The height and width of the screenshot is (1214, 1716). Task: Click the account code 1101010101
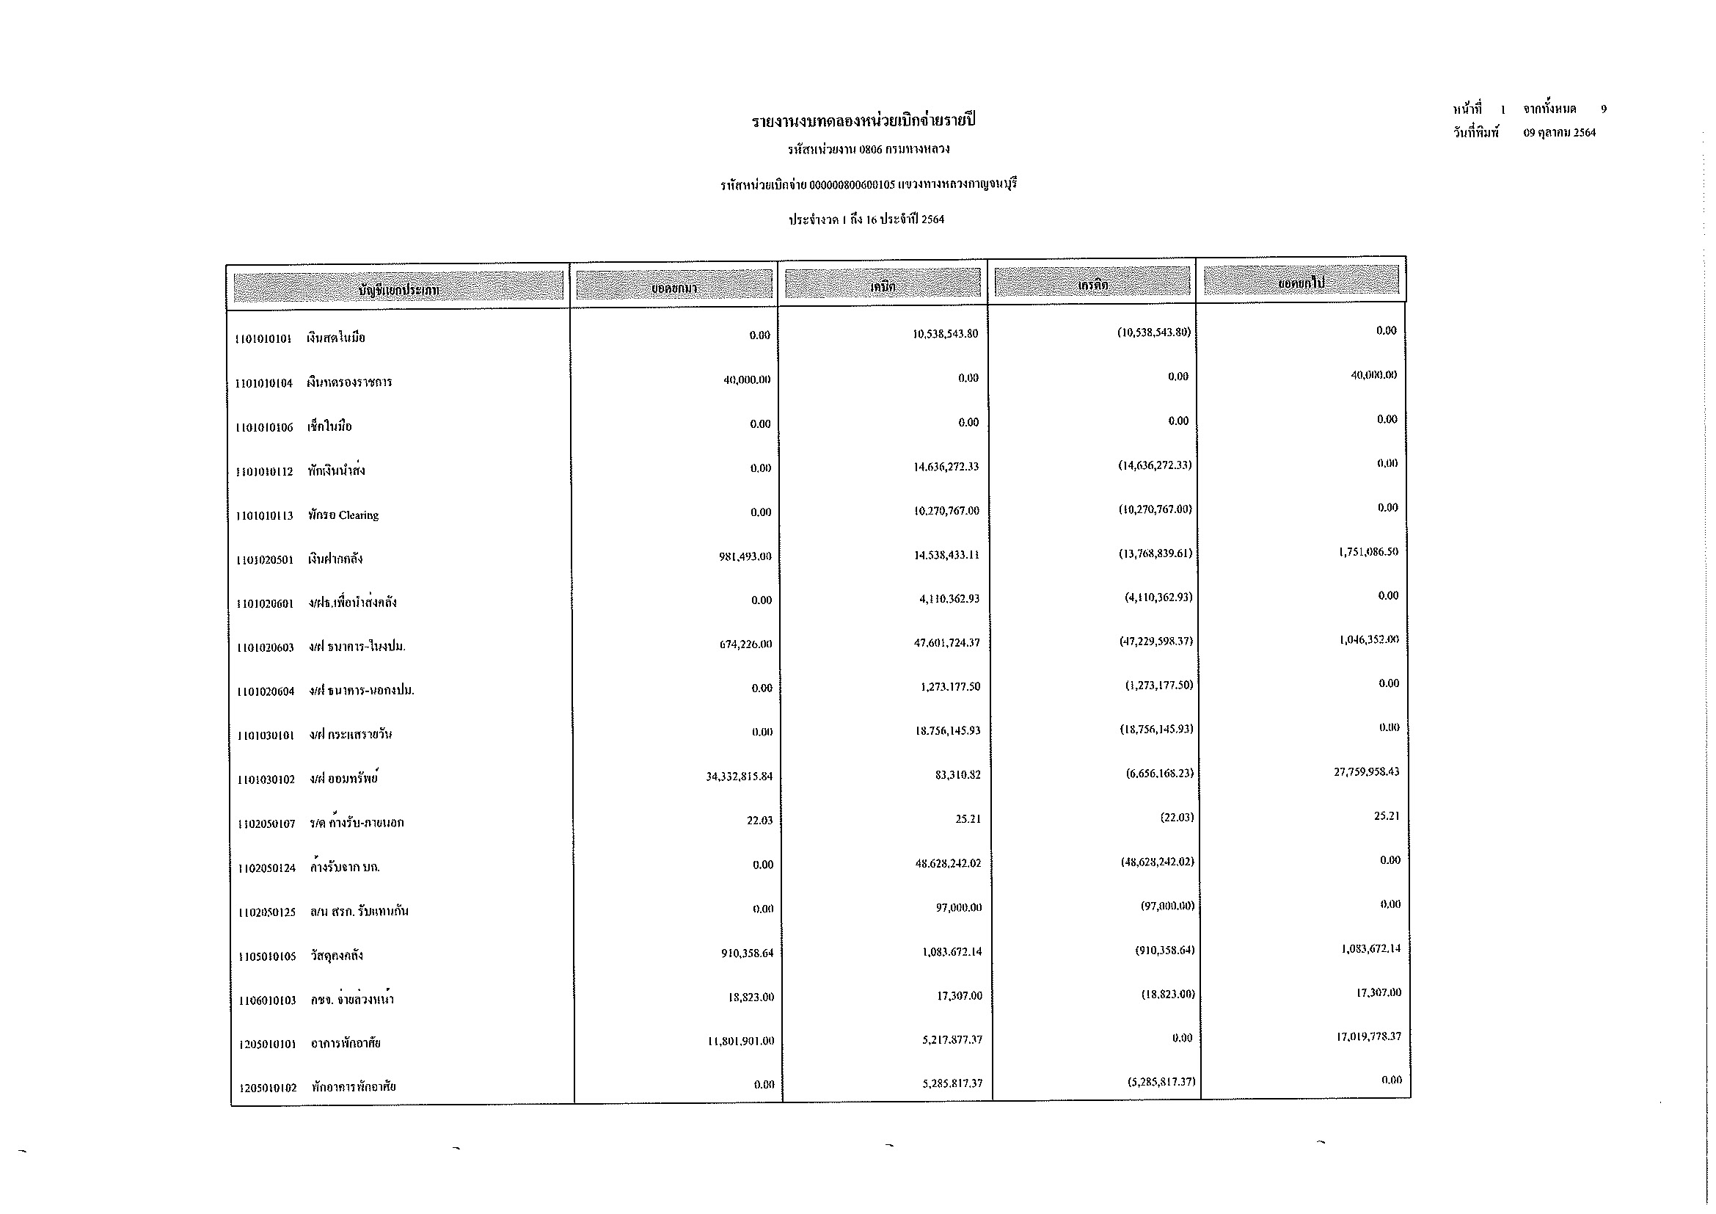click(x=263, y=338)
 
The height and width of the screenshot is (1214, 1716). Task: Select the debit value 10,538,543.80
click(x=945, y=333)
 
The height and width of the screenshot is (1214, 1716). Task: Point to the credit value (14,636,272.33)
click(x=1154, y=465)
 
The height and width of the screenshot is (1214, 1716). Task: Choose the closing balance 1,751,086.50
click(x=1368, y=552)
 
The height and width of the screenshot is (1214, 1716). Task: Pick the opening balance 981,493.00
click(x=745, y=556)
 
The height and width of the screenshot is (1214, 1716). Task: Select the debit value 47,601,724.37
click(x=948, y=643)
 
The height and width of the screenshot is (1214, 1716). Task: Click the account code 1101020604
click(x=266, y=691)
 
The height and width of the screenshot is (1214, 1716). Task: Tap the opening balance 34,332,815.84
click(x=740, y=777)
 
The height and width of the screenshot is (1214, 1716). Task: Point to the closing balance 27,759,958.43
click(x=1366, y=771)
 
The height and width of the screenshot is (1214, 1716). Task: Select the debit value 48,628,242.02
click(x=949, y=863)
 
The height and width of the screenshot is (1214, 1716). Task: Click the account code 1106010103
click(x=268, y=1000)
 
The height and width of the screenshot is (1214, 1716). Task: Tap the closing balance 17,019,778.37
click(x=1368, y=1037)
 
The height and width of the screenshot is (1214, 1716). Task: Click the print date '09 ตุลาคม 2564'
click(x=1559, y=133)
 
